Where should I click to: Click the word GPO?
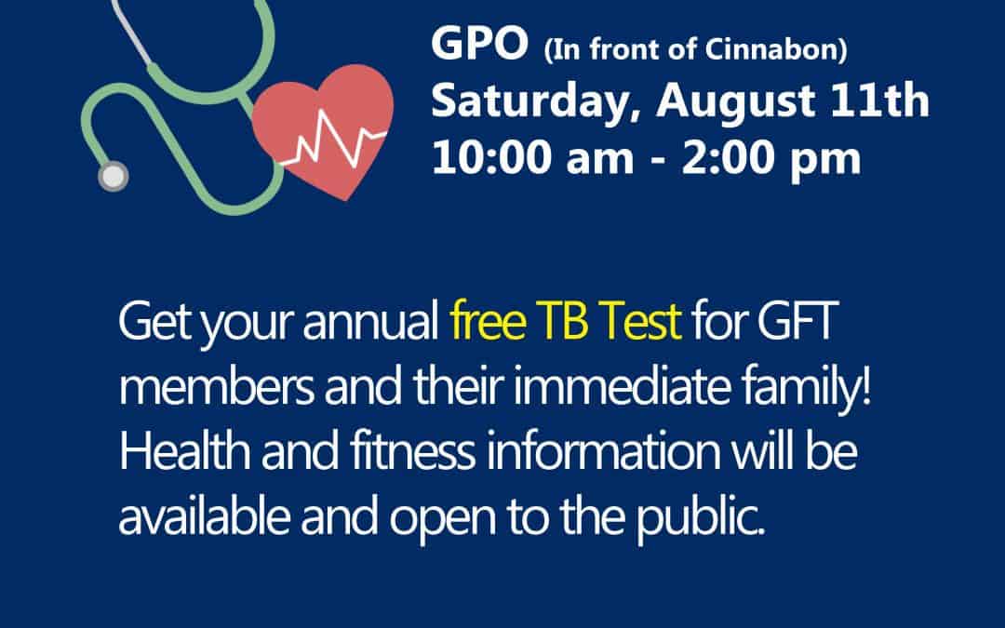[x=479, y=44]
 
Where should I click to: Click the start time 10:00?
[x=491, y=157]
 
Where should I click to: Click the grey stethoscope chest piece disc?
[x=113, y=176]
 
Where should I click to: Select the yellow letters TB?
[x=563, y=321]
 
